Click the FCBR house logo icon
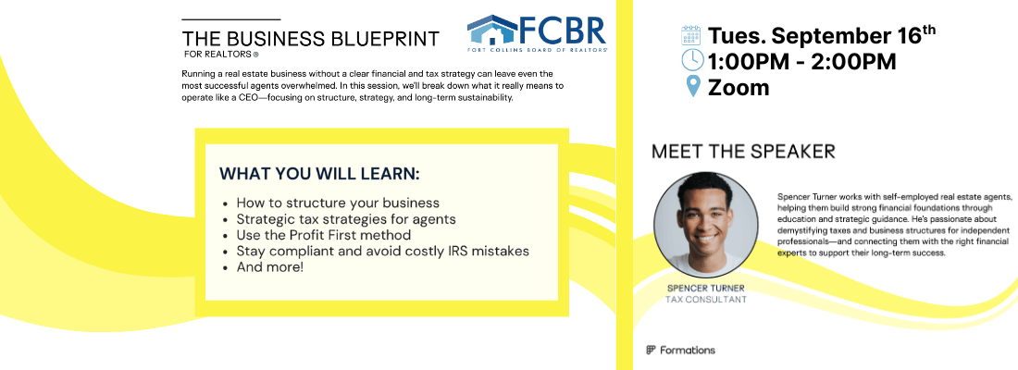click(x=492, y=30)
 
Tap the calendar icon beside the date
click(x=690, y=35)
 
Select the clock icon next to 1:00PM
click(x=692, y=60)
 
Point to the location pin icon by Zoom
click(x=693, y=86)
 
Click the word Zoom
click(x=739, y=87)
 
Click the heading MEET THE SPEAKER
click(x=743, y=152)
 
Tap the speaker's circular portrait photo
click(x=706, y=223)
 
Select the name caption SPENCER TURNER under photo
click(x=706, y=289)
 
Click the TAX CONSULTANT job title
click(x=706, y=300)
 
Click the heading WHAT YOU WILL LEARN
click(x=319, y=174)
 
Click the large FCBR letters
click(x=563, y=30)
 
